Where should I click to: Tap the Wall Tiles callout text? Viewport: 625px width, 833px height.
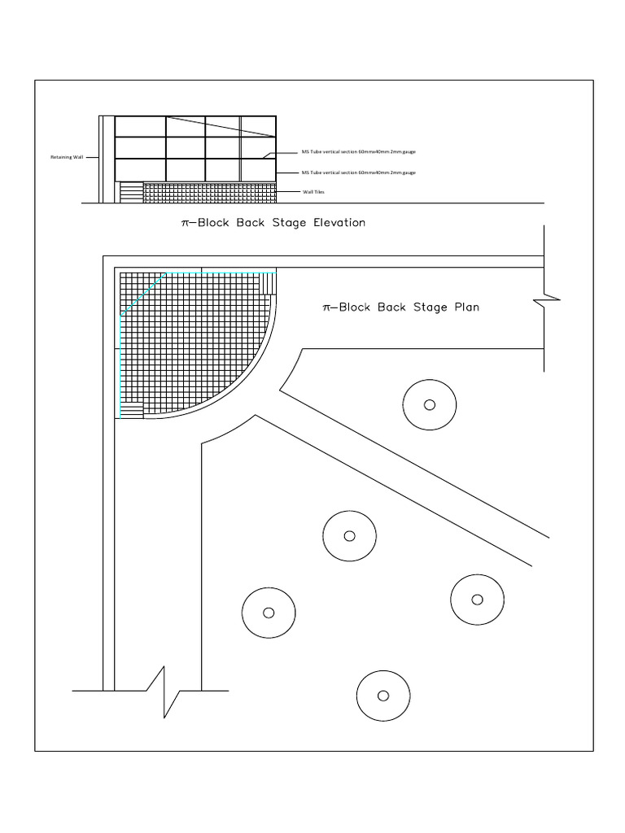pos(312,192)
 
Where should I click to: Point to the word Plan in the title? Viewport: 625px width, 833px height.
pos(466,307)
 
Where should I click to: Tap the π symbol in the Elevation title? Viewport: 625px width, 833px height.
pos(185,224)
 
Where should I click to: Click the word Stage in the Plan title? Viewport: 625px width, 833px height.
pos(433,307)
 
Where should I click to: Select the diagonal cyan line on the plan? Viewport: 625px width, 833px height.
pos(143,294)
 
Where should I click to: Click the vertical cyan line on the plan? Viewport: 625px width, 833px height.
pos(120,366)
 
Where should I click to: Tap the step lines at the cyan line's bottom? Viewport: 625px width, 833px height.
pos(131,409)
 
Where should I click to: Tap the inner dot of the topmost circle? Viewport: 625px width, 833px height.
pos(430,404)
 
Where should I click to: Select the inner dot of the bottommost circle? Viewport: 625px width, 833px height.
pos(383,695)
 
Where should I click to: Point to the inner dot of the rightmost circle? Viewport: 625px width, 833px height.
pos(478,600)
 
